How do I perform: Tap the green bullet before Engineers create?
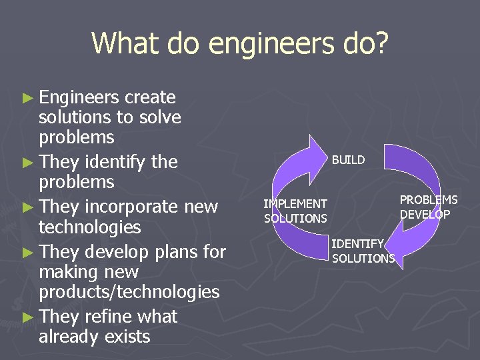[27, 98]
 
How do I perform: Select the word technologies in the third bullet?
[90, 227]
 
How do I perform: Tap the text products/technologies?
[129, 292]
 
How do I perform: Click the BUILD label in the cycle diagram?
[348, 160]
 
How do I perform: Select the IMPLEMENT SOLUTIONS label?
[295, 211]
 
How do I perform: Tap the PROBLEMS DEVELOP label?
[428, 207]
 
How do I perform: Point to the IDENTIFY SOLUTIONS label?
[363, 251]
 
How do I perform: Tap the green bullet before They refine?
[27, 317]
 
